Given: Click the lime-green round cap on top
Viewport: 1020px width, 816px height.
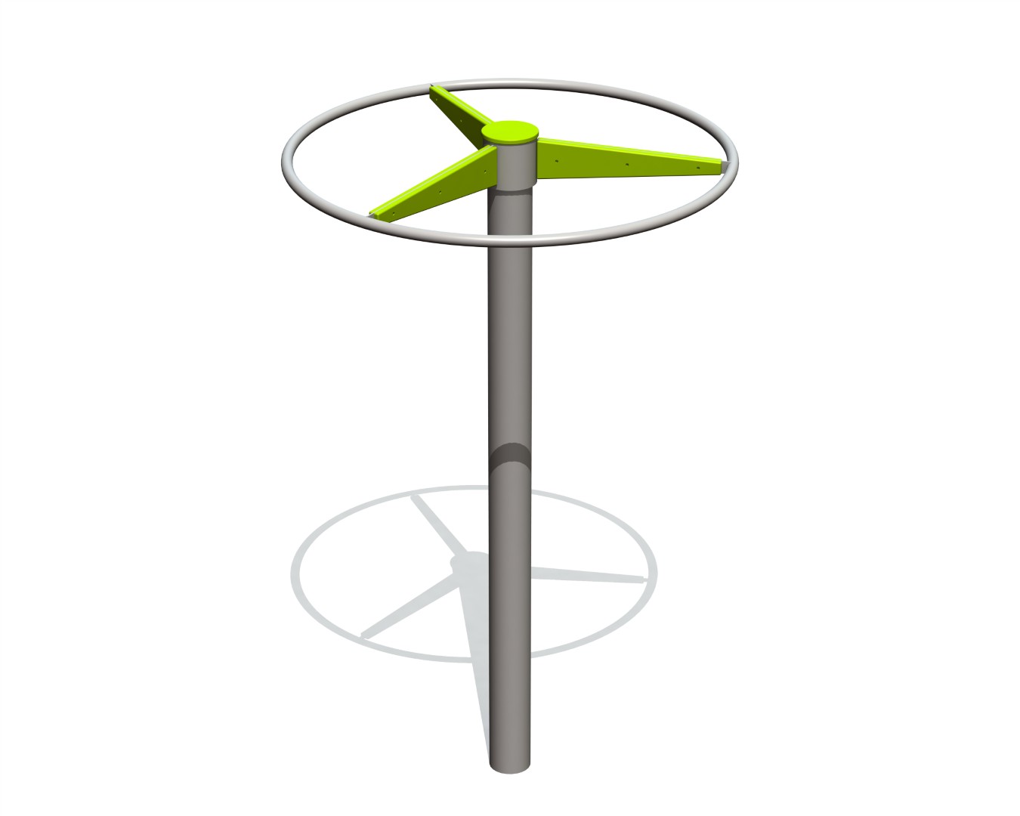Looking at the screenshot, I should pos(511,132).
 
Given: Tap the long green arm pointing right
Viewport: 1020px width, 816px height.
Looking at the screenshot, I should pos(627,159).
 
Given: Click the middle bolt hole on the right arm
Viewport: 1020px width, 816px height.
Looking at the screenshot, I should pos(627,164).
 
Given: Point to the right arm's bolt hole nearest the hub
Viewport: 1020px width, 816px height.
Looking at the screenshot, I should pos(557,161).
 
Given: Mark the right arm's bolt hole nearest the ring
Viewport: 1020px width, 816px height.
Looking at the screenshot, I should pos(698,167).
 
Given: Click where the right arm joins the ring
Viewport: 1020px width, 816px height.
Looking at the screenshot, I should pos(725,165).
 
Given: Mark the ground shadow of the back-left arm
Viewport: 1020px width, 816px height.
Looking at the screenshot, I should pos(434,524).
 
